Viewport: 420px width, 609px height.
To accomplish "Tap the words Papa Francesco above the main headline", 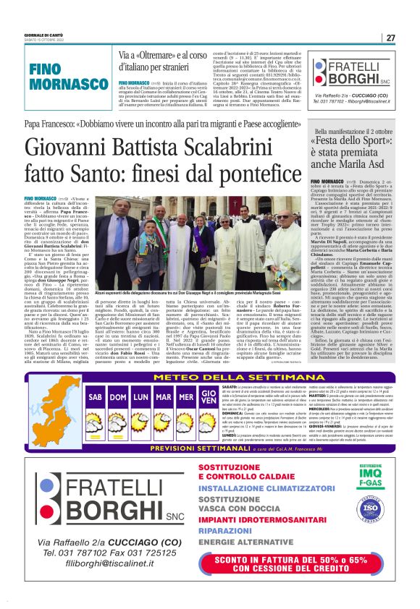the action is pyautogui.click(x=47, y=123).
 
